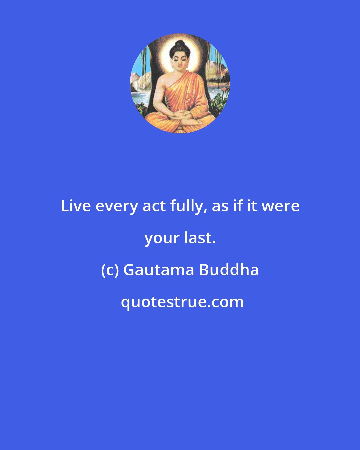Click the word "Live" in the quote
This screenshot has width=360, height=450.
(x=76, y=206)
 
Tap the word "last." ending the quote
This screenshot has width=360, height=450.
(x=200, y=238)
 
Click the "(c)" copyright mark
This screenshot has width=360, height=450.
(x=110, y=270)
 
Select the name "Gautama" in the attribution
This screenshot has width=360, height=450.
(x=159, y=270)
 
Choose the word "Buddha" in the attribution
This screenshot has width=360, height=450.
(x=229, y=270)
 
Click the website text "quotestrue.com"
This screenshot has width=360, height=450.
(x=182, y=302)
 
